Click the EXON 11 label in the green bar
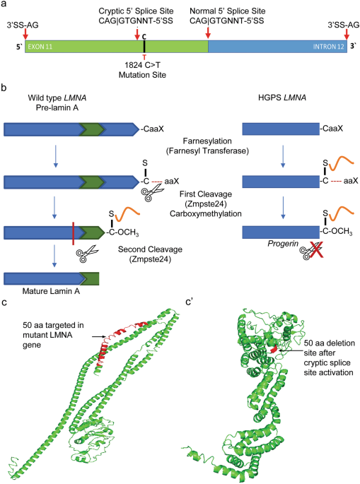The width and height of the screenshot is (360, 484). [40, 47]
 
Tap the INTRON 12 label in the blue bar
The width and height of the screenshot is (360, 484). [328, 47]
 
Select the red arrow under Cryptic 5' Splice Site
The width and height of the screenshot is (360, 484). [137, 34]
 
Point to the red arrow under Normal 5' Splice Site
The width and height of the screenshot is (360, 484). [208, 33]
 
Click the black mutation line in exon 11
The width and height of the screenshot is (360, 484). [144, 47]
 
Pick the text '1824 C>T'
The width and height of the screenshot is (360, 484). [142, 65]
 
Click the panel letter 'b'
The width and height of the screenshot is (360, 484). [4, 88]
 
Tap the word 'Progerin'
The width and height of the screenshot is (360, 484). [283, 244]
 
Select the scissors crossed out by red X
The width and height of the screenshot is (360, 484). [310, 250]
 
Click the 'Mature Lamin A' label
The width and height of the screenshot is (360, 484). [51, 291]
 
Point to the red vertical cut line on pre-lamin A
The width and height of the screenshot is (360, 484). [74, 233]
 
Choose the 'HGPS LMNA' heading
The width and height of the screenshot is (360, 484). [282, 98]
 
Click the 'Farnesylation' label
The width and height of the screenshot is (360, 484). [207, 141]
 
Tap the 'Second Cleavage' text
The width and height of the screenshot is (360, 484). [150, 249]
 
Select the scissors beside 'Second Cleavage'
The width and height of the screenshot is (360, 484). [87, 254]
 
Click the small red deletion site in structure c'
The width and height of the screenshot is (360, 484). [274, 350]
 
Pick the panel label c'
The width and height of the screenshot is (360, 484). [189, 302]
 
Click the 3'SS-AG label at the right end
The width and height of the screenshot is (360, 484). [343, 25]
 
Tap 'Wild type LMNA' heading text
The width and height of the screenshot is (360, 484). [57, 98]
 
